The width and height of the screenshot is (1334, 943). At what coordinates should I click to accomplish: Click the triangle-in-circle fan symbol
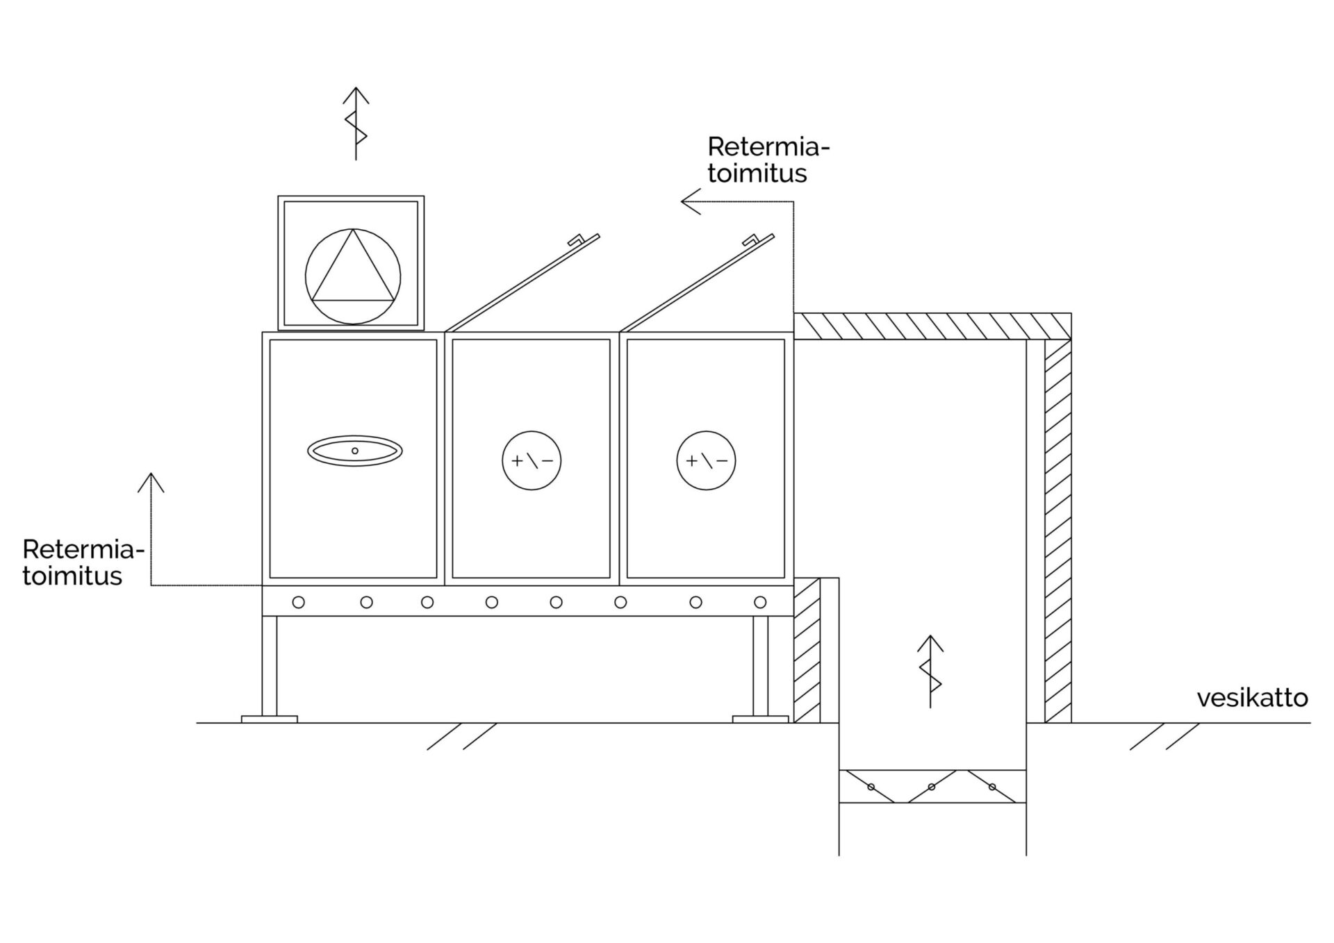click(353, 276)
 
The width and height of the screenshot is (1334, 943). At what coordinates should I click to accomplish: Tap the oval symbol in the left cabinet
click(355, 451)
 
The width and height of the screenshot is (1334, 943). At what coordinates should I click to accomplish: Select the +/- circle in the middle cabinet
click(532, 460)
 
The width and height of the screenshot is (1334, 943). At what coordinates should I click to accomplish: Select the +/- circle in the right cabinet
click(706, 460)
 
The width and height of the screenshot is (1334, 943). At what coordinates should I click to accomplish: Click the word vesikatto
click(1252, 698)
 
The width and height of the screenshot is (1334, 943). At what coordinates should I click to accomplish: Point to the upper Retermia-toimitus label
click(768, 160)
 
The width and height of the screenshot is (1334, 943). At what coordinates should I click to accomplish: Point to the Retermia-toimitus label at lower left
click(82, 562)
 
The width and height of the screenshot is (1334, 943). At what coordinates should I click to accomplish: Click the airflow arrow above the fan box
click(356, 123)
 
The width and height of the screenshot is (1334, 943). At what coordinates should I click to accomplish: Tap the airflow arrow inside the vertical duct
click(930, 671)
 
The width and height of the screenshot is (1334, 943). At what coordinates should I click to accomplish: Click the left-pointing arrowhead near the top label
click(690, 202)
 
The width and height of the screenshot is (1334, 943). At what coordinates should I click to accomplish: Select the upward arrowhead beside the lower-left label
click(151, 482)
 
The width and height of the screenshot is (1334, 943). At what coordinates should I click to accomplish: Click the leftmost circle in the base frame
click(299, 602)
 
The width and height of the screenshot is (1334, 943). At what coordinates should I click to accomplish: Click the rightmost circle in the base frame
click(760, 602)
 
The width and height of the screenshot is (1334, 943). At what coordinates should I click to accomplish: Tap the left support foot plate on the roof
click(270, 719)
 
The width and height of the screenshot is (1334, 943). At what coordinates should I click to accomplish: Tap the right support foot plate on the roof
click(761, 719)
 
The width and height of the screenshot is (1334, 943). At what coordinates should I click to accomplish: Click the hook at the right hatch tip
click(751, 240)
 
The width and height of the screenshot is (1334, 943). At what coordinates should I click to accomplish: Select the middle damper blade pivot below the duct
click(932, 787)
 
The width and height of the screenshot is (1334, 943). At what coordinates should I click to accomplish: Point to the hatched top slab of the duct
click(931, 326)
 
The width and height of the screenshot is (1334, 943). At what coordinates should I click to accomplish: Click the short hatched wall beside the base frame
click(807, 650)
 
